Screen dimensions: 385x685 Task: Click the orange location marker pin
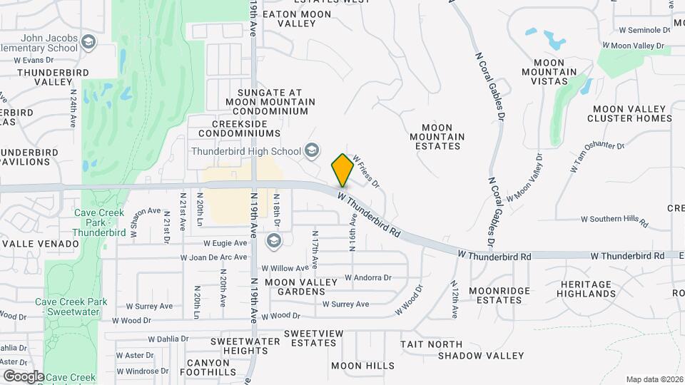(342, 170)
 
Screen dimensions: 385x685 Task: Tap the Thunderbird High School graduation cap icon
(311, 150)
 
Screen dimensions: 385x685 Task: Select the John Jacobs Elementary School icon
(88, 41)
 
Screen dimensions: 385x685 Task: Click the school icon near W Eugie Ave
(273, 242)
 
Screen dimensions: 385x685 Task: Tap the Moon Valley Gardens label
(301, 287)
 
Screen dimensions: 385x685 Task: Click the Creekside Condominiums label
(239, 128)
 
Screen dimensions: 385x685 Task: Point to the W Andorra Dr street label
(368, 277)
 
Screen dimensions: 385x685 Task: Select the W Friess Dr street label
(365, 172)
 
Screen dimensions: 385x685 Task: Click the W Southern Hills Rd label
(614, 221)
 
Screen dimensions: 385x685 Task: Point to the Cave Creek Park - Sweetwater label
(71, 307)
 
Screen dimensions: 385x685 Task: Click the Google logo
(24, 376)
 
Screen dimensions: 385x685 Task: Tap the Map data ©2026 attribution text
(654, 379)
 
